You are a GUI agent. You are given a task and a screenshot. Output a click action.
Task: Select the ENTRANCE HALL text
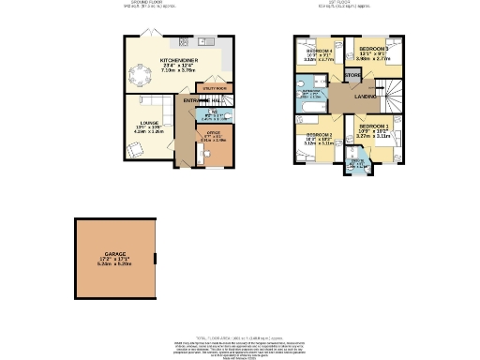(202, 99)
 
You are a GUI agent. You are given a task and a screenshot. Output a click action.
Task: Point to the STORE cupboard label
(352, 74)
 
